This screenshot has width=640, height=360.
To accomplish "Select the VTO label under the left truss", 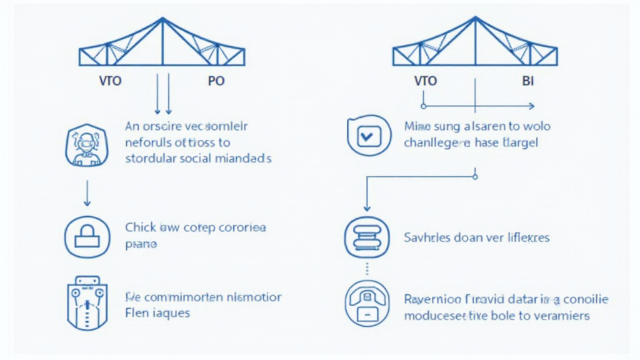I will pos(111,81).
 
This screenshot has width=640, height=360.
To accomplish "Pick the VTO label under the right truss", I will pos(425,81).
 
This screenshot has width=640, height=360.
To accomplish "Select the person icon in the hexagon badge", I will pos(87,145).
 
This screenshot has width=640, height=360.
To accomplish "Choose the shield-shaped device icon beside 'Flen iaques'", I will pos(87,303).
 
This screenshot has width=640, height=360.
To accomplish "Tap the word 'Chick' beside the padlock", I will pos(140,228).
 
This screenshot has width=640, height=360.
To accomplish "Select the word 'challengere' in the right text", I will pos(437,143).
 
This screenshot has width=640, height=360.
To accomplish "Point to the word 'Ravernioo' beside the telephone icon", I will pos(431,298).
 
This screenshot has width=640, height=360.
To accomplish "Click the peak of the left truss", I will pos(162,19).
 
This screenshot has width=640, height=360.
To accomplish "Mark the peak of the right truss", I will pos(476,19).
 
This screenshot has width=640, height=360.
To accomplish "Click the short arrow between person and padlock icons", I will pos(87,193).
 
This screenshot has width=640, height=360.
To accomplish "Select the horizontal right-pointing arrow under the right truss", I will pos(478,106).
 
